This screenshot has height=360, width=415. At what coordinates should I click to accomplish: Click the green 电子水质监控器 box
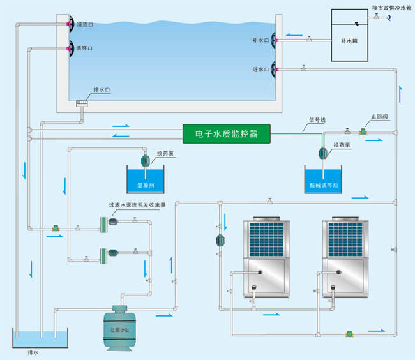(227, 133)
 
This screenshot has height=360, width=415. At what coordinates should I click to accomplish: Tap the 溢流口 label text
(86, 24)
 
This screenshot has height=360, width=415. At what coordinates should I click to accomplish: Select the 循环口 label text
(85, 48)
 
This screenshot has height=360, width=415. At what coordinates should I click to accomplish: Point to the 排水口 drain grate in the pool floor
(82, 103)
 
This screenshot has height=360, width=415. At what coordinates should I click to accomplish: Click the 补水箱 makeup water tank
(351, 36)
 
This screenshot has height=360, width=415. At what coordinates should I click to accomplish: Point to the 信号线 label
(317, 119)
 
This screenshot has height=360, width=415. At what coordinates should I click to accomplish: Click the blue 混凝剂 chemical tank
(146, 180)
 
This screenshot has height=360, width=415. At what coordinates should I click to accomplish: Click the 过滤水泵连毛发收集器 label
(137, 205)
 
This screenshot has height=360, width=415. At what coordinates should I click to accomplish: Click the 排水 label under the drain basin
(34, 352)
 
